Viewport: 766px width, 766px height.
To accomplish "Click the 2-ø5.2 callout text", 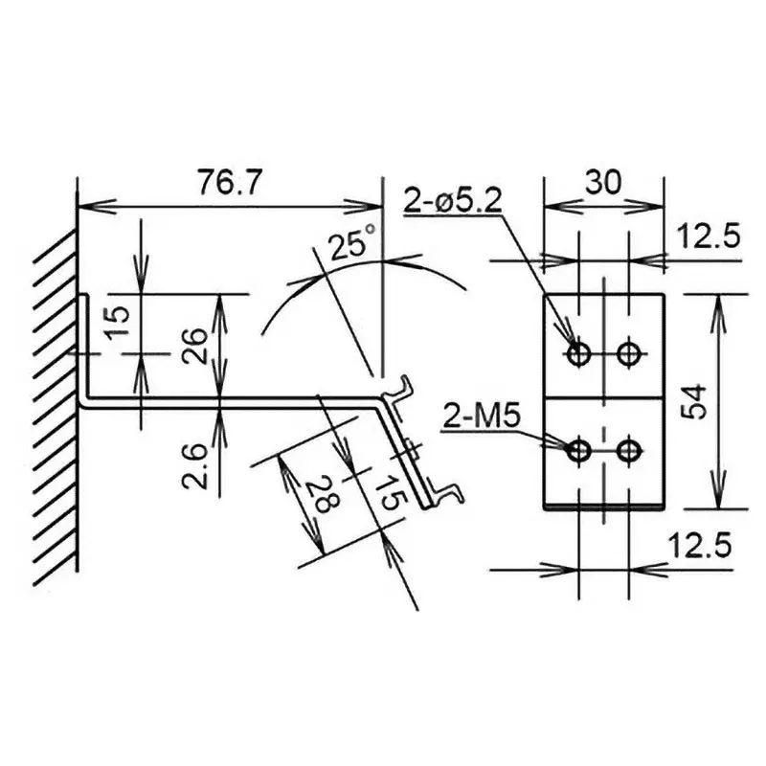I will [453, 200].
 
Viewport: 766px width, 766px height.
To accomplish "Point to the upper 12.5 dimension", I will [710, 236].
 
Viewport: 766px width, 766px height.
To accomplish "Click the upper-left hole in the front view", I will [578, 353].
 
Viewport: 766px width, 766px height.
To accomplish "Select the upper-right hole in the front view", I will [629, 353].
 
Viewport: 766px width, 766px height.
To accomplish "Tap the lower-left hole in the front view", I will [578, 449].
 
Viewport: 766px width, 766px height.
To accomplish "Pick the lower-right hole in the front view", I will [629, 449].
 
